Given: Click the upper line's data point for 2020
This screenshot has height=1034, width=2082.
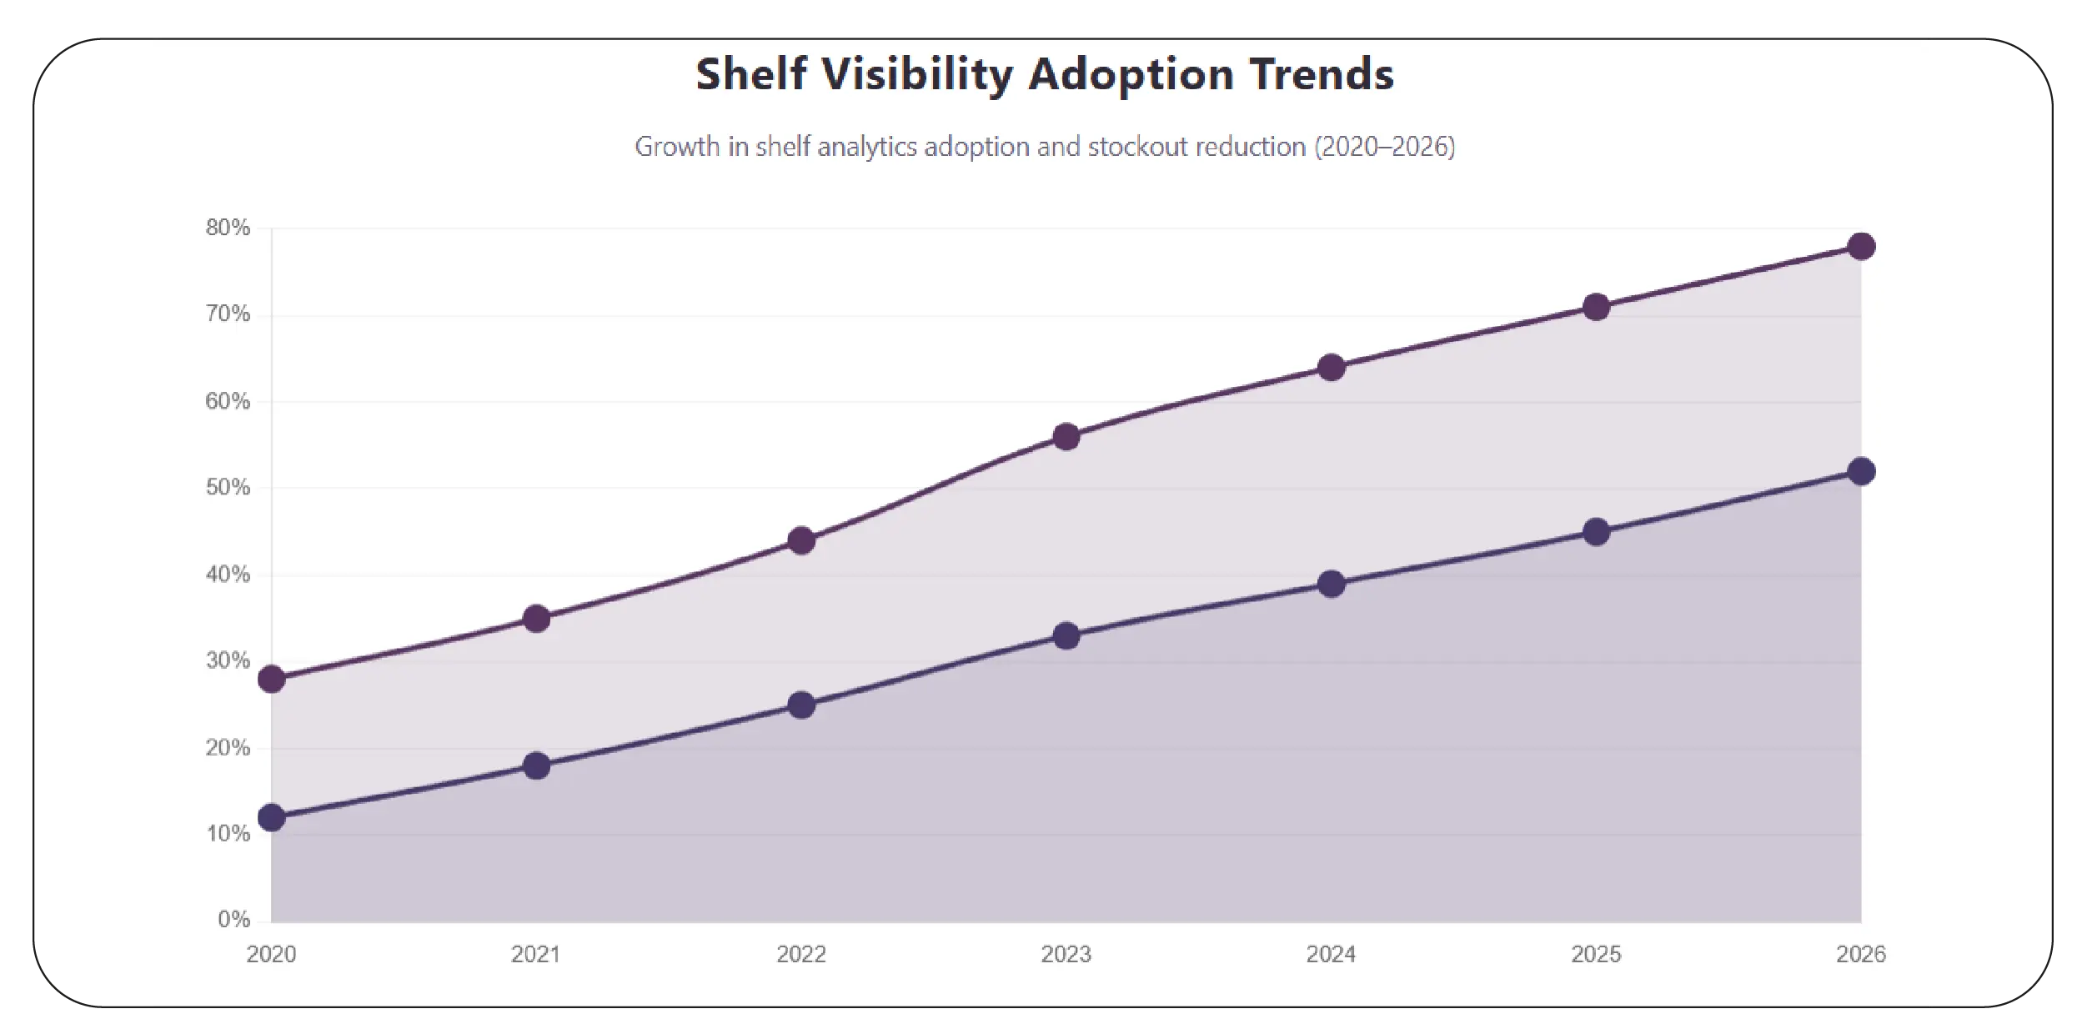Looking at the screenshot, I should tap(271, 679).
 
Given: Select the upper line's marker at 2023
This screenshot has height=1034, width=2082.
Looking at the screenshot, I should tap(1066, 436).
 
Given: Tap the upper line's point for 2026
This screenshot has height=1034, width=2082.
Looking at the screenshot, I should tap(1860, 246).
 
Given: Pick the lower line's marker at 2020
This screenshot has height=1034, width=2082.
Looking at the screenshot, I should tap(271, 817).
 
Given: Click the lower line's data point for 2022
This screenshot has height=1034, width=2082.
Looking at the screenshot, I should tap(800, 705).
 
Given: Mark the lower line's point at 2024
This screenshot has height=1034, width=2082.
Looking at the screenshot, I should tap(1331, 583).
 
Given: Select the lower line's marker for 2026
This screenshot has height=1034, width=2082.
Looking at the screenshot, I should tap(1860, 471).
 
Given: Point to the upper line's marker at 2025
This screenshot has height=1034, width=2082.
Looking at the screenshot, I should tap(1595, 307).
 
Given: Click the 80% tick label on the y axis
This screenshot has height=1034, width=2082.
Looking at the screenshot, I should tap(228, 228).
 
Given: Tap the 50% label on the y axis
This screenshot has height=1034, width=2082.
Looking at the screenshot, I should tap(228, 488).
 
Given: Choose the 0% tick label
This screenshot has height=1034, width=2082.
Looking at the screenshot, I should tap(233, 919).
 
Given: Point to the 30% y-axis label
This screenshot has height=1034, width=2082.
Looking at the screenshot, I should tap(228, 661).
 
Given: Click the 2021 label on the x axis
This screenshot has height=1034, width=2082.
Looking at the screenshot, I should tap(535, 954).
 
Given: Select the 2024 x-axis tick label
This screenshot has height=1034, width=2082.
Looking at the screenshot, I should tap(1331, 954).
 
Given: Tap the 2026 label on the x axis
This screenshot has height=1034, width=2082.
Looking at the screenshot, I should tap(1860, 954).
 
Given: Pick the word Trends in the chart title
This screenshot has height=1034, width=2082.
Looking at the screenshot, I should tap(1321, 74).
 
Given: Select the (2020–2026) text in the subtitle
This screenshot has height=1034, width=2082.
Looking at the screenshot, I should tap(1384, 147).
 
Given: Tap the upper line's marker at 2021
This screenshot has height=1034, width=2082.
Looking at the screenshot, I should tap(535, 618).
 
